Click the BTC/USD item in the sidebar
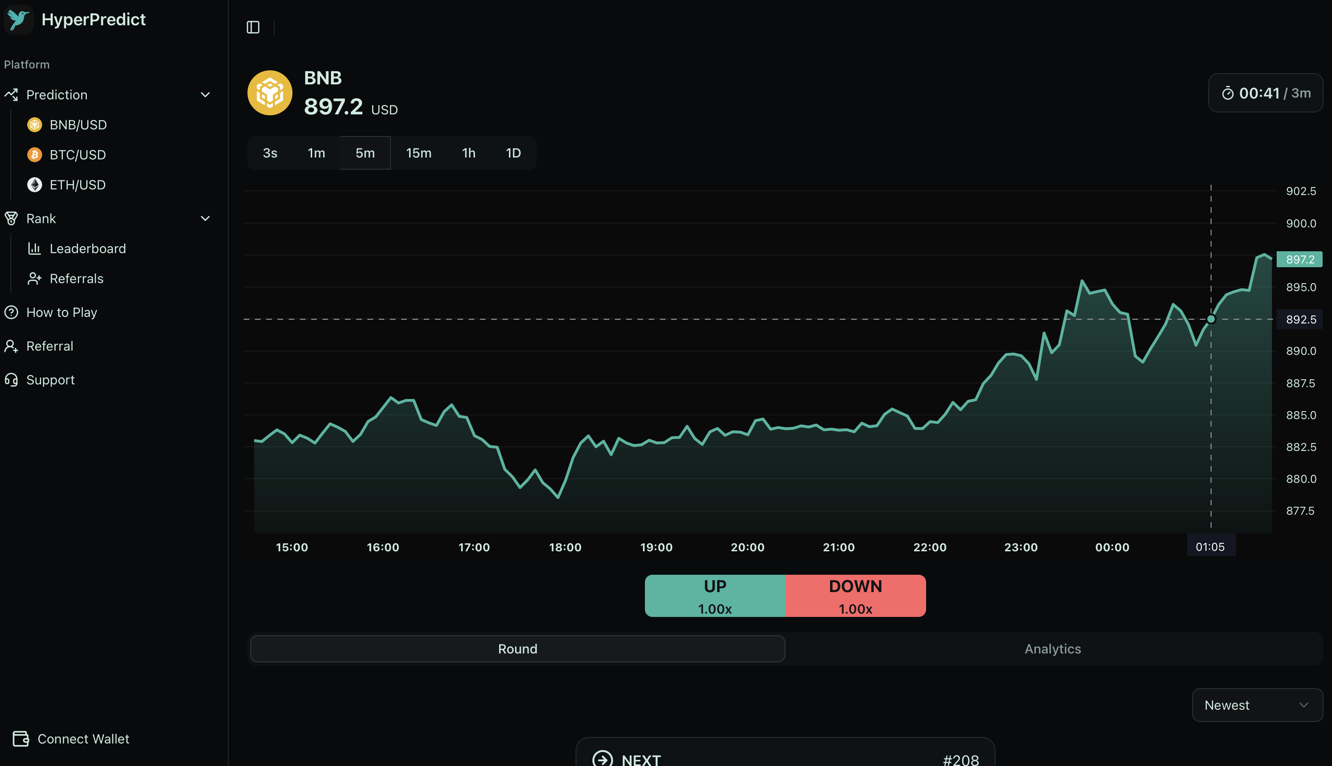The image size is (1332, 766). [x=77, y=155]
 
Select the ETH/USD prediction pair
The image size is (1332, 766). [x=77, y=185]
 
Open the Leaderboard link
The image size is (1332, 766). [x=87, y=248]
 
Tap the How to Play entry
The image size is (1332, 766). [x=61, y=313]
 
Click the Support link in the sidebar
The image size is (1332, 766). [x=50, y=380]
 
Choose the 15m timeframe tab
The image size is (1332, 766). [x=419, y=153]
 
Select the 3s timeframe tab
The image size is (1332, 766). [x=270, y=153]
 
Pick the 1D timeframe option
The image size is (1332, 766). [x=513, y=153]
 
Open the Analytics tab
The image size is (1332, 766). [x=1053, y=649]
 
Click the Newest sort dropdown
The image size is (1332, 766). [x=1257, y=705]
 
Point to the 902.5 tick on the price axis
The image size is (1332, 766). [x=1301, y=191]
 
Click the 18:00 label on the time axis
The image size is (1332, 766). [x=565, y=547]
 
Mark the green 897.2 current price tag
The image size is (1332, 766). [x=1299, y=259]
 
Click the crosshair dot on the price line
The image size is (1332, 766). [x=1211, y=319]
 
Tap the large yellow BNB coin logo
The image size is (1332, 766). [x=270, y=93]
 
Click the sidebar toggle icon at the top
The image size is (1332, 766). [x=253, y=27]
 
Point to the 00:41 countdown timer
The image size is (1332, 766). [x=1259, y=93]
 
